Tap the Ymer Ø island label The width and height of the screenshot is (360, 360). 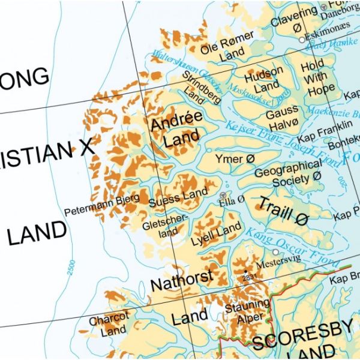coord(230,160)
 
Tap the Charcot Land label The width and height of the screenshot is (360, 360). coord(109,323)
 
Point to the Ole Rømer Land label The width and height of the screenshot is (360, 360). coord(227,47)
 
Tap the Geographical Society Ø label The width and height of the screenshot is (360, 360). coord(288,172)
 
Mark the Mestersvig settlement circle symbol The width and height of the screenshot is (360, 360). coord(275,253)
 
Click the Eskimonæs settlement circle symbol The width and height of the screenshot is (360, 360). coord(302,40)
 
